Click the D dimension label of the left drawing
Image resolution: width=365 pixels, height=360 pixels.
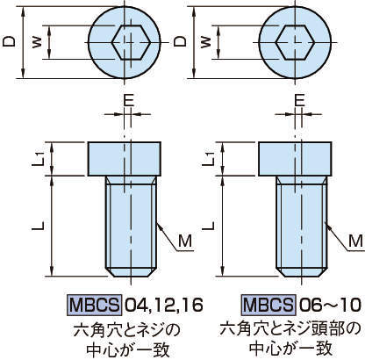pos(9,41)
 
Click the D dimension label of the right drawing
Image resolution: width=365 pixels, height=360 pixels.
pos(180,41)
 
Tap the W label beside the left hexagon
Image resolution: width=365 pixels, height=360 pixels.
pos(37,43)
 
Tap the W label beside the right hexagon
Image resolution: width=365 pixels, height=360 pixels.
pos(206,43)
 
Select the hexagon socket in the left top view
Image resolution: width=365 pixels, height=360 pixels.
pos(131,42)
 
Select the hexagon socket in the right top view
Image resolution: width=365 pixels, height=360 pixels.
pos(295,42)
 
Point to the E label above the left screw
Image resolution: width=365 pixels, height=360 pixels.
pos(128,101)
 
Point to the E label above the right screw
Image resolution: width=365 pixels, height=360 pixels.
pos(299,101)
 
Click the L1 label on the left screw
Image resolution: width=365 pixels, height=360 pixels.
pos(38,159)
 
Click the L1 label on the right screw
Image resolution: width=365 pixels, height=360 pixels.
pos(209,159)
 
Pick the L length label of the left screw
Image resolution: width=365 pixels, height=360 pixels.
pos(38,226)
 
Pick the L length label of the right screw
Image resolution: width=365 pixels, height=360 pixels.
pos(208,226)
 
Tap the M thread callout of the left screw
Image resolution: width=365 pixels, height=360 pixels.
pos(185,241)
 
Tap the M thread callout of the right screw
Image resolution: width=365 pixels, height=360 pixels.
pos(356,241)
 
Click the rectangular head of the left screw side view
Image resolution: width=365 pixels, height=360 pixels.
pos(125,159)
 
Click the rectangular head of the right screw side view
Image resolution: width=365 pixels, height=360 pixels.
pos(295,159)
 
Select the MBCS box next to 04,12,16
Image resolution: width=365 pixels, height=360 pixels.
pos(94,305)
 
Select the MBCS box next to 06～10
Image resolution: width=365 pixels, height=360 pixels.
pos(268,305)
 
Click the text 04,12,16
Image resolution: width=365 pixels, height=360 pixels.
pos(164,306)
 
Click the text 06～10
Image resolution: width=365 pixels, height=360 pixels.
pos(329,306)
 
